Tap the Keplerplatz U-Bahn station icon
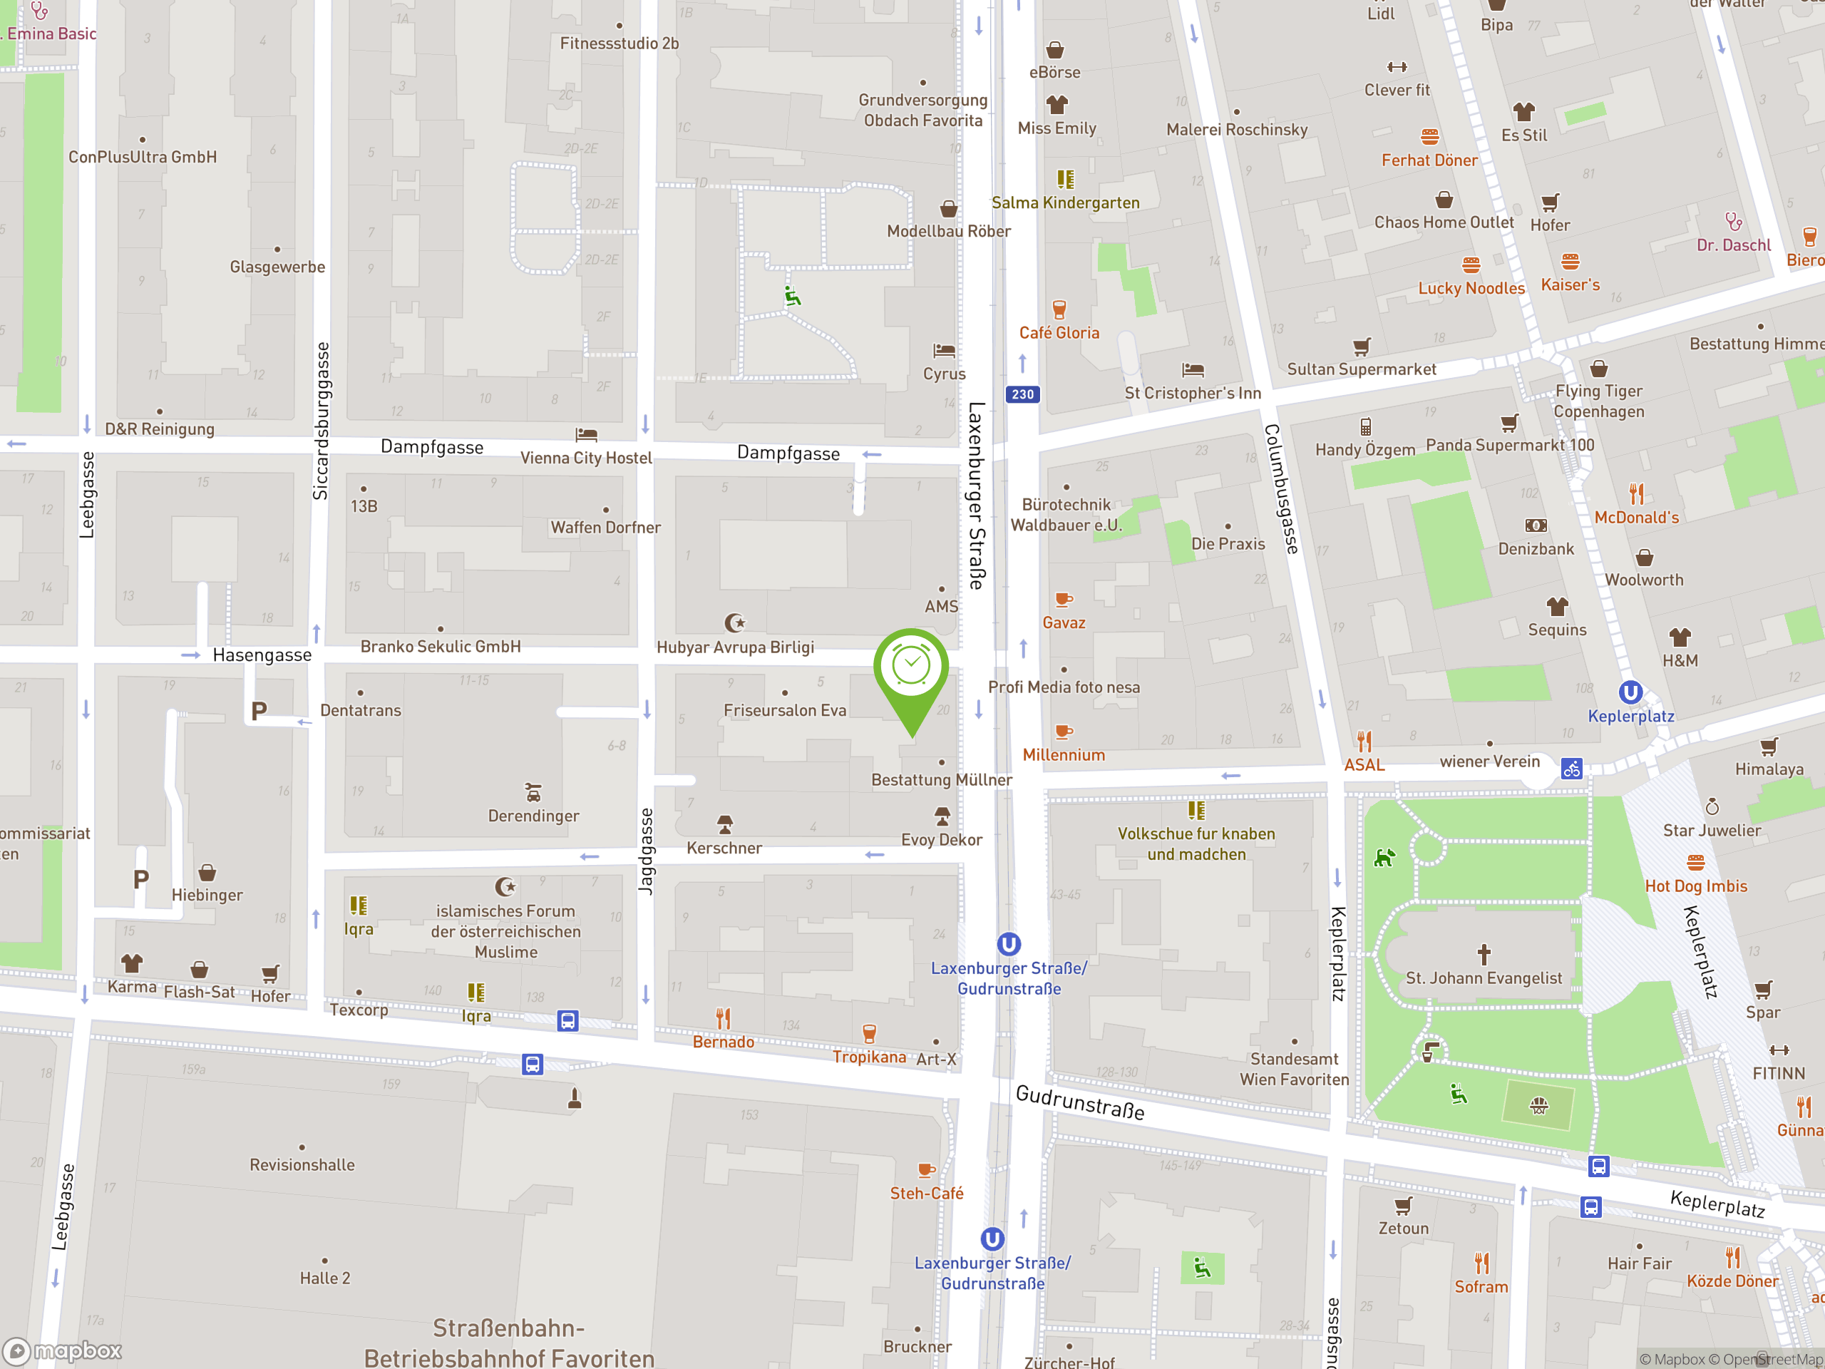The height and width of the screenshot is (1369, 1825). click(1630, 692)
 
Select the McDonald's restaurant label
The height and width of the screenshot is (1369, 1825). click(1636, 518)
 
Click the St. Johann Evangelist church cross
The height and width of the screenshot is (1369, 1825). click(1484, 955)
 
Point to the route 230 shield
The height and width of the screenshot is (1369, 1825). click(1022, 394)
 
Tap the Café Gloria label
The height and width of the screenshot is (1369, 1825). click(1059, 332)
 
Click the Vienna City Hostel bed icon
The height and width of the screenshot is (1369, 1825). click(586, 435)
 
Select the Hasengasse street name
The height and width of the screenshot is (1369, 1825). click(262, 655)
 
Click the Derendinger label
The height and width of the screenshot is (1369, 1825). click(533, 816)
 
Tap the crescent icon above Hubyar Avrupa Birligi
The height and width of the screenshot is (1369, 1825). click(734, 622)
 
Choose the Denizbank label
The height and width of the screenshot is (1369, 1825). click(1536, 549)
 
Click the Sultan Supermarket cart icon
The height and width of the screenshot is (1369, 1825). click(1362, 347)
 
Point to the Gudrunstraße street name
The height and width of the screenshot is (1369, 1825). click(1079, 1102)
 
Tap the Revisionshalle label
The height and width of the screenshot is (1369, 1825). click(302, 1164)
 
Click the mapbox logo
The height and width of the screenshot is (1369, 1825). click(63, 1351)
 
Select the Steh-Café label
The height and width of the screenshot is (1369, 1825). click(926, 1193)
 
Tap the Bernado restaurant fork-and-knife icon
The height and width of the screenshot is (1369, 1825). click(723, 1018)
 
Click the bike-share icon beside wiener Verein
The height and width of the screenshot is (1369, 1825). click(1571, 769)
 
